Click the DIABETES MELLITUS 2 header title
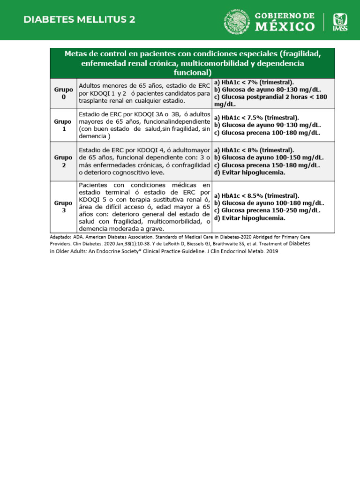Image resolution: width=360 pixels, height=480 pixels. (79, 20)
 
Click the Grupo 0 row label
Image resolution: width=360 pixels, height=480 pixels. (63, 93)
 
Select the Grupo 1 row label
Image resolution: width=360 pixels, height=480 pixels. (63, 125)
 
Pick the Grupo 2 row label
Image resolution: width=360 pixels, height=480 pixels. (63, 161)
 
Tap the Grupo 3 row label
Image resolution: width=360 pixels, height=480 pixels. (63, 207)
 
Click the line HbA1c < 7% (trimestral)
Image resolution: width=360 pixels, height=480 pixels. (254, 82)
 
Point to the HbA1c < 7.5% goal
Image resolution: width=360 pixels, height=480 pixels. (256, 118)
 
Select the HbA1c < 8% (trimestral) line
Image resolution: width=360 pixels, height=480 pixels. (254, 150)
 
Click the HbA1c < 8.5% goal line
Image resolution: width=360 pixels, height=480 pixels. (256, 195)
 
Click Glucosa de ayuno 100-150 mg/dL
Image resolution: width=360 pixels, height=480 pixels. (269, 157)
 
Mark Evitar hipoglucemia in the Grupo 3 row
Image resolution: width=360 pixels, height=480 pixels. (249, 218)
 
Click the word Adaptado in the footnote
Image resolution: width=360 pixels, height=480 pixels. (60, 237)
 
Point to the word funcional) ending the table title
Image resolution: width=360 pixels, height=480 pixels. (193, 73)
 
